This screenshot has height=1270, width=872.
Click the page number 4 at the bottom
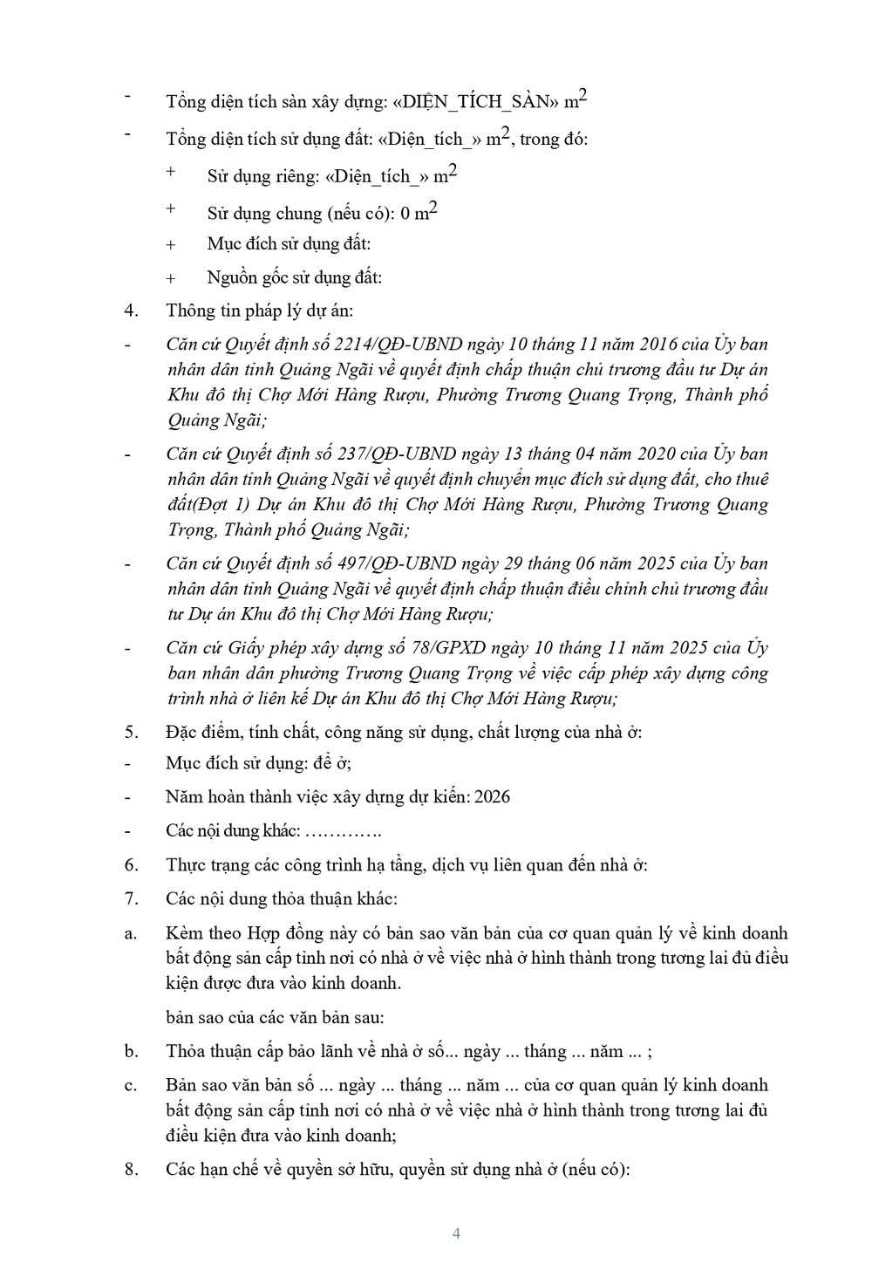pyautogui.click(x=456, y=1232)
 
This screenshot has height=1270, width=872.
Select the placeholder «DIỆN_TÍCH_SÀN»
pyautogui.click(x=475, y=102)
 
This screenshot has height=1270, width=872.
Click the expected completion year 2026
pyautogui.click(x=493, y=797)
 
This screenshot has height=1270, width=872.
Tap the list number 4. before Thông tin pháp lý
pyautogui.click(x=132, y=311)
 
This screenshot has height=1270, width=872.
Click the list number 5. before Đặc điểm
pyautogui.click(x=132, y=732)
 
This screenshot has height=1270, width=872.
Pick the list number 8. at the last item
pyautogui.click(x=132, y=1170)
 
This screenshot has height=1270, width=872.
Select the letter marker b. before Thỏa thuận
pyautogui.click(x=132, y=1051)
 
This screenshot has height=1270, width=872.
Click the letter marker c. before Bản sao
pyautogui.click(x=131, y=1085)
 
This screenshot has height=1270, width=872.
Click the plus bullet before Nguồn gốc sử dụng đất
pyautogui.click(x=171, y=279)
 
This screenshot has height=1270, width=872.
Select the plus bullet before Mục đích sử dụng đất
pyautogui.click(x=171, y=245)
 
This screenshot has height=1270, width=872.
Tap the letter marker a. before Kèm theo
pyautogui.click(x=131, y=933)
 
